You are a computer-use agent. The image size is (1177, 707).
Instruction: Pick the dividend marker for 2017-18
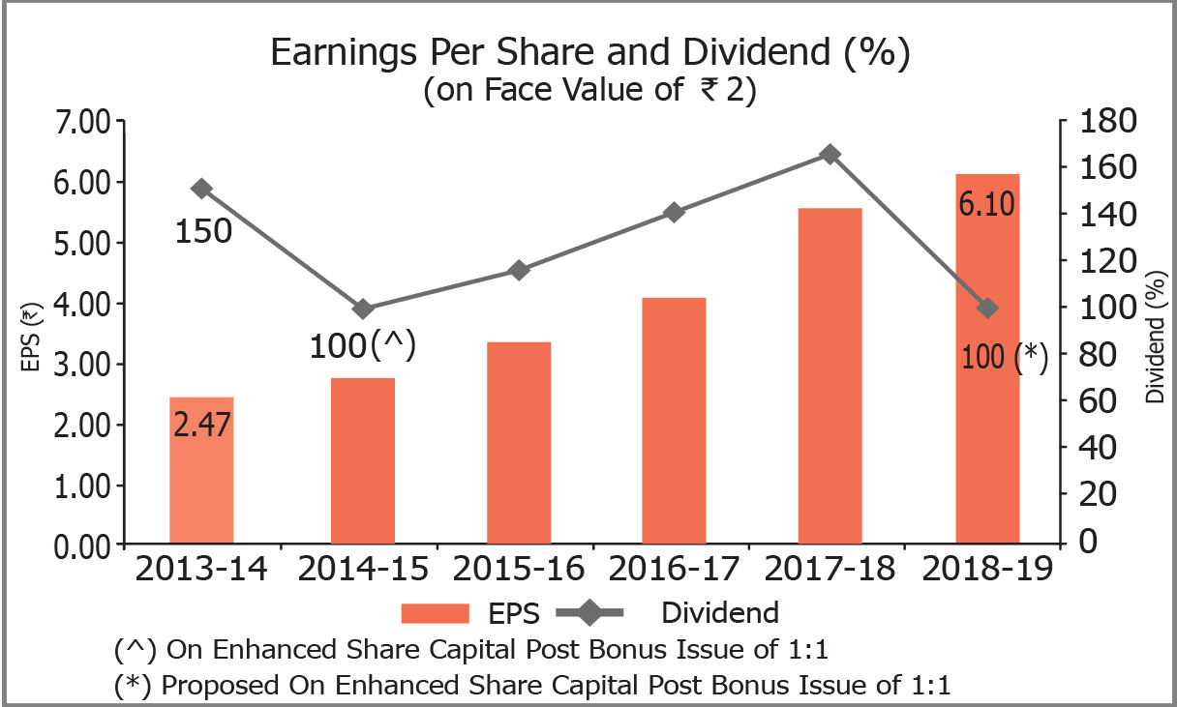point(830,155)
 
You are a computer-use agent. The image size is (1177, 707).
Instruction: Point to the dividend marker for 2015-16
point(519,270)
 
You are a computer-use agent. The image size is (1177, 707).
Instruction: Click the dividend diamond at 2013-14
point(201,188)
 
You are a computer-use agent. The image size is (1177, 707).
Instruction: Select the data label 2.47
point(201,425)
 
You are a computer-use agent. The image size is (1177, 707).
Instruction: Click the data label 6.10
point(987,205)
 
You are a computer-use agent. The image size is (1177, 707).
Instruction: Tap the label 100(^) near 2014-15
point(362,346)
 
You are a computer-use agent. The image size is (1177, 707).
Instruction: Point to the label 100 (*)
point(1006,356)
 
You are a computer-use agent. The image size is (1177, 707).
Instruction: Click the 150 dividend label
point(203,231)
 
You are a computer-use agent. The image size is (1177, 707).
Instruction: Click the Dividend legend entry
point(678,612)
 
